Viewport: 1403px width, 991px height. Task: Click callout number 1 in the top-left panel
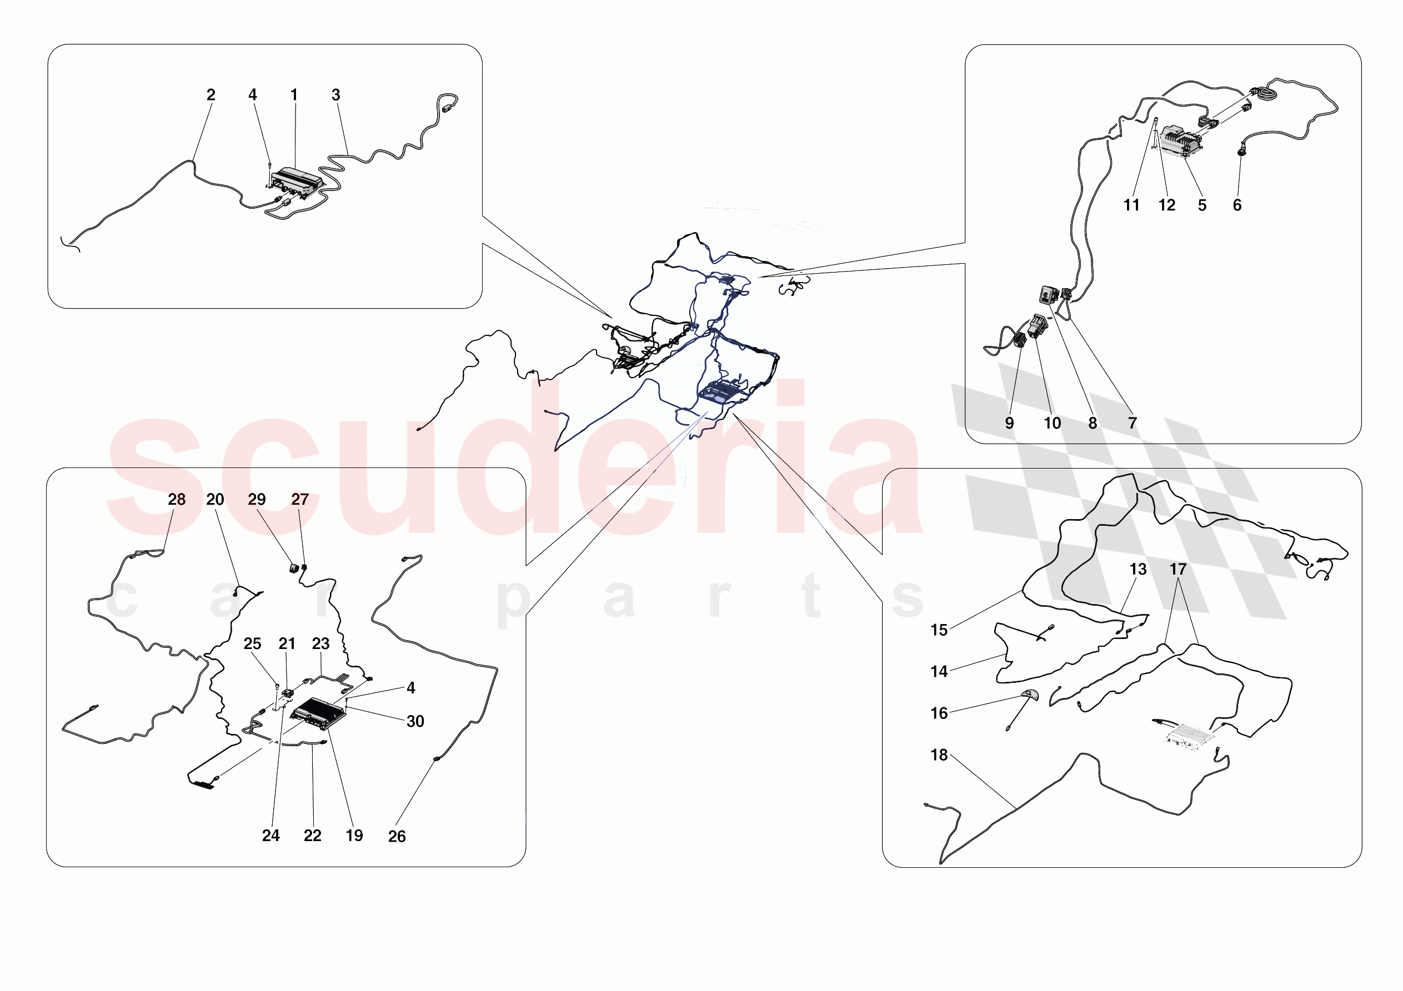tap(294, 95)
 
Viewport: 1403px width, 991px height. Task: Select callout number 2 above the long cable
tap(211, 95)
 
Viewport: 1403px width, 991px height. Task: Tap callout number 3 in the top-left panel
tap(335, 95)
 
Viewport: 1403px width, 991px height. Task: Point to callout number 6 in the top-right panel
tap(1237, 205)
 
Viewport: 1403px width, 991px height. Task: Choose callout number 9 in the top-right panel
tap(1009, 423)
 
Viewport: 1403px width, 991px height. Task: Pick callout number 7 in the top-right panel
tap(1132, 423)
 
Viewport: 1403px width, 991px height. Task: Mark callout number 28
tap(177, 499)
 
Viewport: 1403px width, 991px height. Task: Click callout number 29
tap(257, 499)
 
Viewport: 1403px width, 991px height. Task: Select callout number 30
tap(415, 722)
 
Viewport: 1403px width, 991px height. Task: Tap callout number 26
tap(397, 837)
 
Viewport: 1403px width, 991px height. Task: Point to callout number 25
tap(252, 643)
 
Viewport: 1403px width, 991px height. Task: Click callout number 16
tap(939, 713)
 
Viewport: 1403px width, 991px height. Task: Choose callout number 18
tap(939, 755)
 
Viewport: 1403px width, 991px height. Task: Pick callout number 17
tap(1177, 570)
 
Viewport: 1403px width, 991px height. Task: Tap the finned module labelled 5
tap(1182, 141)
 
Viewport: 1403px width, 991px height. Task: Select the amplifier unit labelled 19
tap(318, 713)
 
